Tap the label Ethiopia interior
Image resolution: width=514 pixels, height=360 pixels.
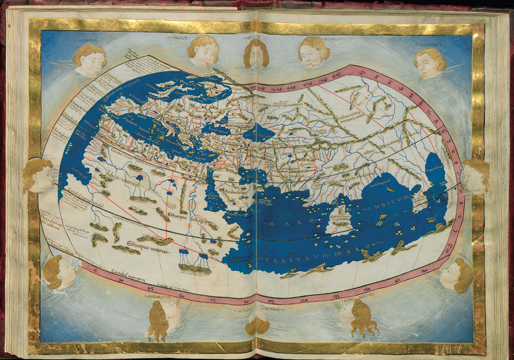pos(148,248)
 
